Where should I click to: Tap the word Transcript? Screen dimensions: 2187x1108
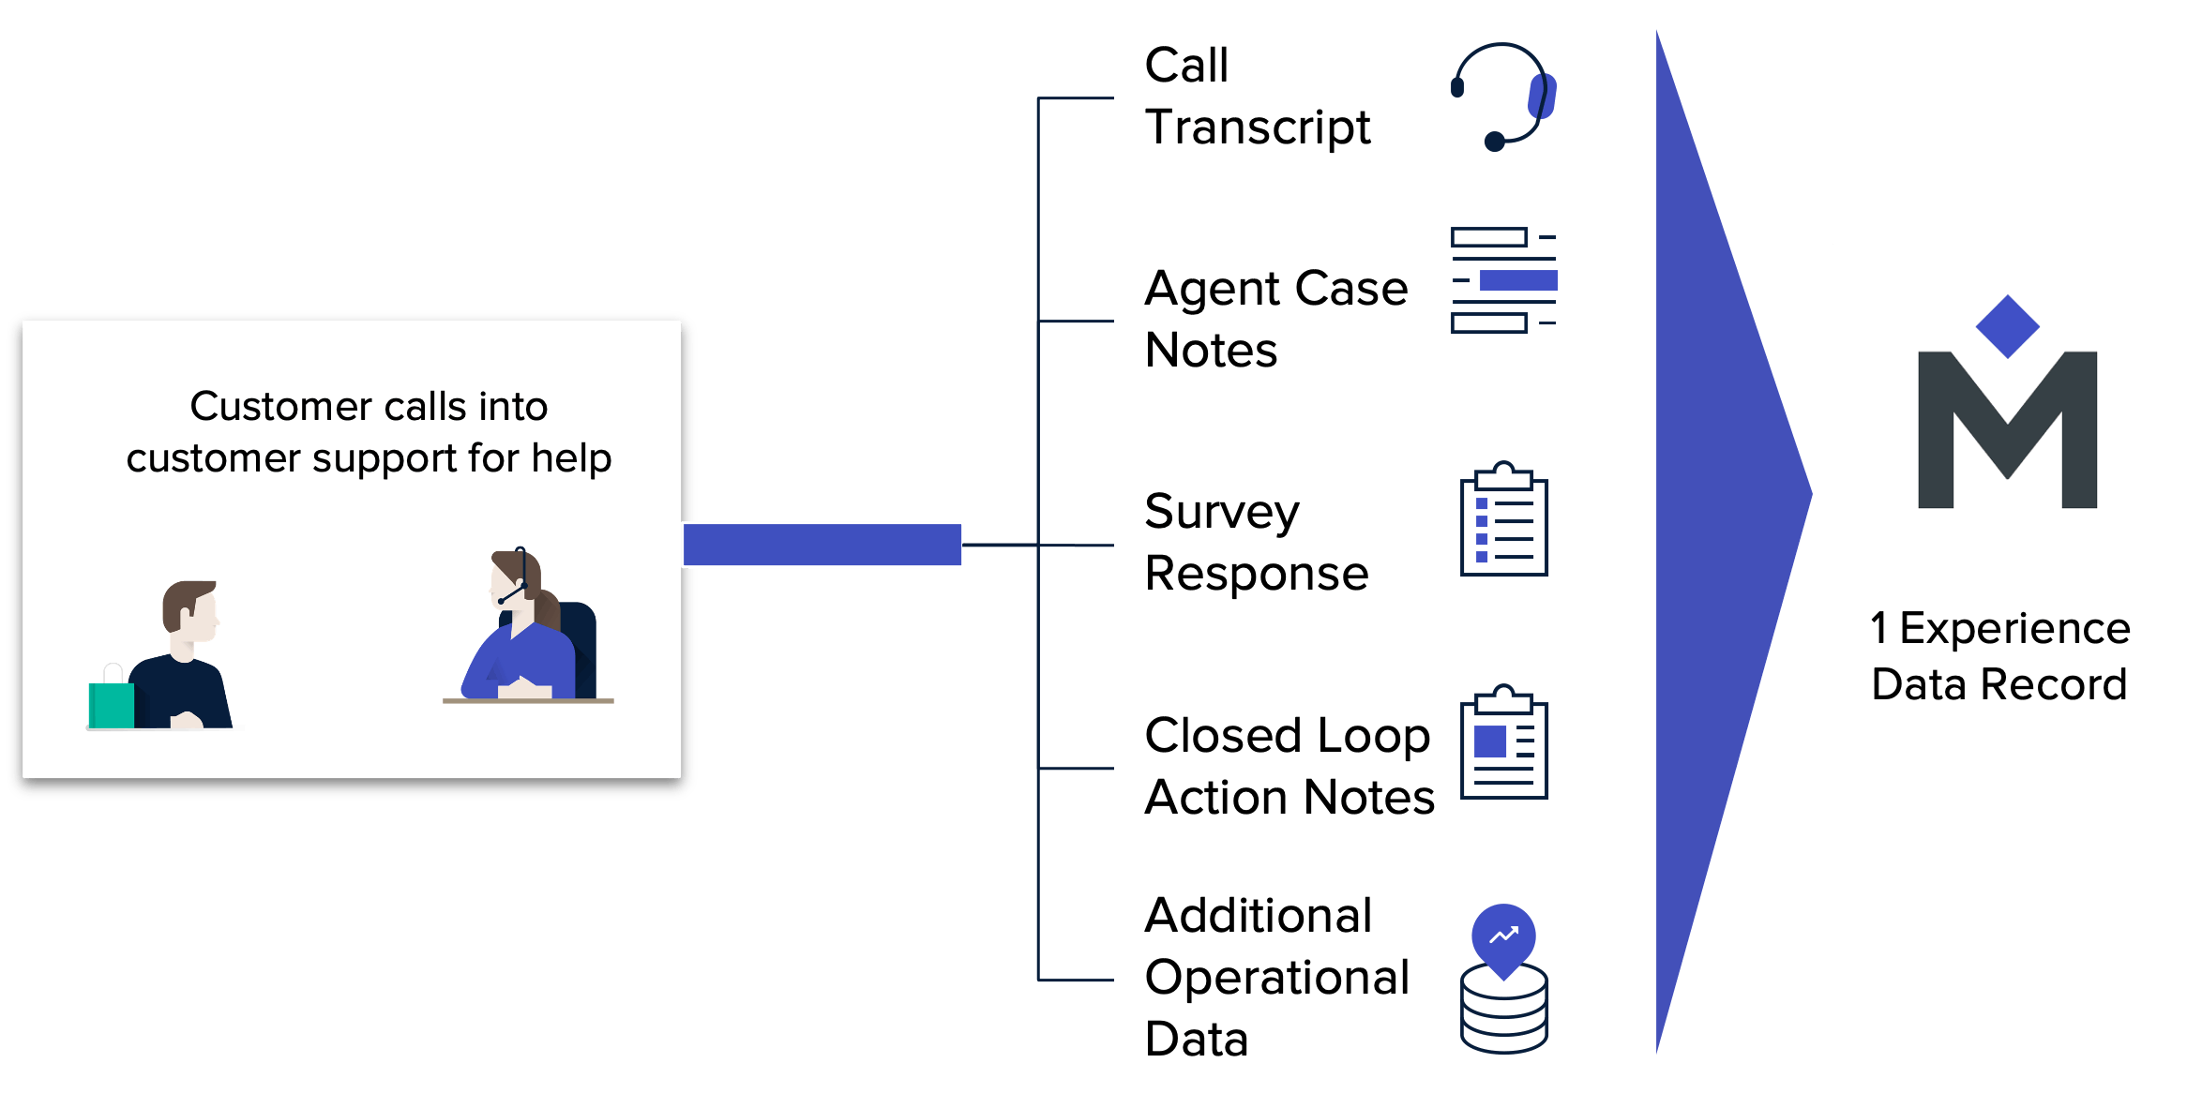(x=1258, y=128)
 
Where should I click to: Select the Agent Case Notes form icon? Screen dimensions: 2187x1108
(x=1504, y=280)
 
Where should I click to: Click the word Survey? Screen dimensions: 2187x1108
(x=1222, y=514)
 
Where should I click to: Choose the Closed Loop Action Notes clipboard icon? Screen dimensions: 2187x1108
(x=1504, y=741)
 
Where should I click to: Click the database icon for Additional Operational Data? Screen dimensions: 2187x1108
(x=1504, y=979)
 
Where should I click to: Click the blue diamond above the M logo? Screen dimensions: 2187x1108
(x=2007, y=326)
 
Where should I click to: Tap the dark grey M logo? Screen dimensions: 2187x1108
(x=2007, y=429)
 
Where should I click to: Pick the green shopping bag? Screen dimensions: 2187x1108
(x=112, y=704)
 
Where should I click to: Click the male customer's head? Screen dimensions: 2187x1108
(x=191, y=610)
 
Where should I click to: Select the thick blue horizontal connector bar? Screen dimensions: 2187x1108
(x=822, y=545)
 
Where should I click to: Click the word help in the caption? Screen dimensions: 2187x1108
(x=571, y=458)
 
